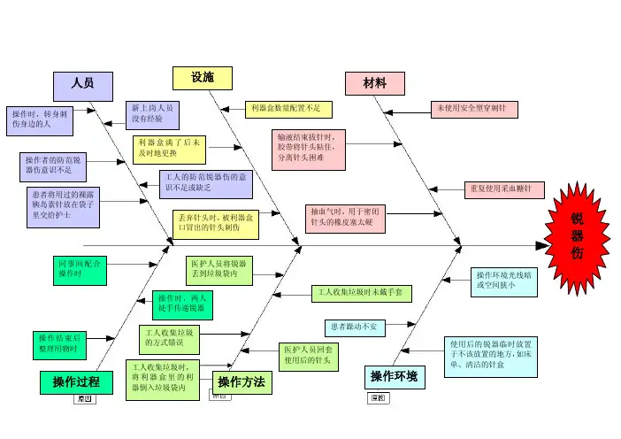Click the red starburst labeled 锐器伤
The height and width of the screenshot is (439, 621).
(x=575, y=237)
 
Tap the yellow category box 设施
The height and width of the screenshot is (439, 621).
(x=202, y=78)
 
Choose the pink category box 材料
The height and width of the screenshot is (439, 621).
(x=374, y=83)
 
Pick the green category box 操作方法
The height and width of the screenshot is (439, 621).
(x=241, y=382)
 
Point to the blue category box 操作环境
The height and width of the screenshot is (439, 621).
(x=395, y=378)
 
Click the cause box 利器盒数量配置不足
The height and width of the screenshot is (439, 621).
(x=288, y=109)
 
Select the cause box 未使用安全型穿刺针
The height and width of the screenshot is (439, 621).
(x=474, y=109)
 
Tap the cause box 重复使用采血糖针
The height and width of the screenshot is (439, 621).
(x=504, y=189)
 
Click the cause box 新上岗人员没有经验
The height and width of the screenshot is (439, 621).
(x=154, y=112)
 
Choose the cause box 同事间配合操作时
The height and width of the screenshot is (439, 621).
(x=80, y=269)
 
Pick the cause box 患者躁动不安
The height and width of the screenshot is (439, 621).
(x=356, y=327)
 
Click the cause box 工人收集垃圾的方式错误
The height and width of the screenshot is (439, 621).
(x=173, y=337)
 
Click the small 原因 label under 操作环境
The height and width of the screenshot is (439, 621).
(x=378, y=398)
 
